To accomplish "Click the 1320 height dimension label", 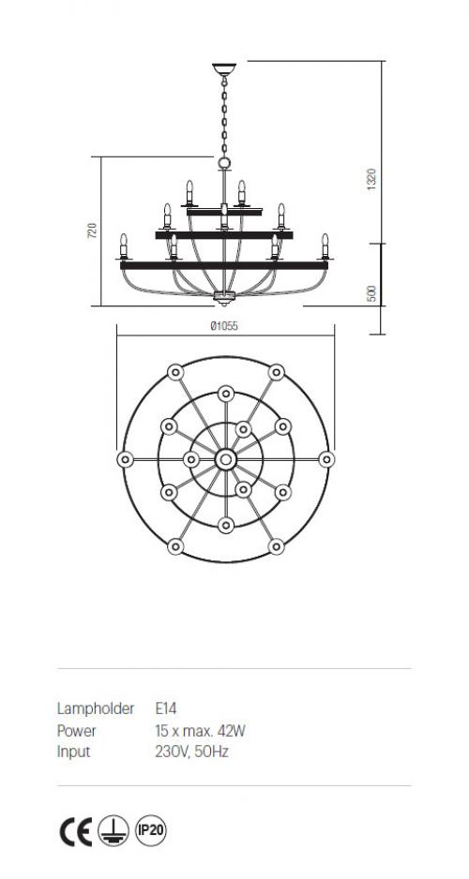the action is click(x=371, y=179).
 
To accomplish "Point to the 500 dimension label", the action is click(x=371, y=293).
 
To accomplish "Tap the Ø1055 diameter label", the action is click(x=224, y=326).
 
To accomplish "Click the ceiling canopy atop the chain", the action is click(x=224, y=69).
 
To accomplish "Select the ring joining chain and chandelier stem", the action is click(x=224, y=163).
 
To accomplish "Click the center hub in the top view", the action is click(x=225, y=460).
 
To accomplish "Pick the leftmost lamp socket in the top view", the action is click(x=125, y=460).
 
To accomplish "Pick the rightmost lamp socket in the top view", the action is click(x=326, y=460).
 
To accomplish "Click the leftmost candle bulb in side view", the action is click(x=124, y=244).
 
